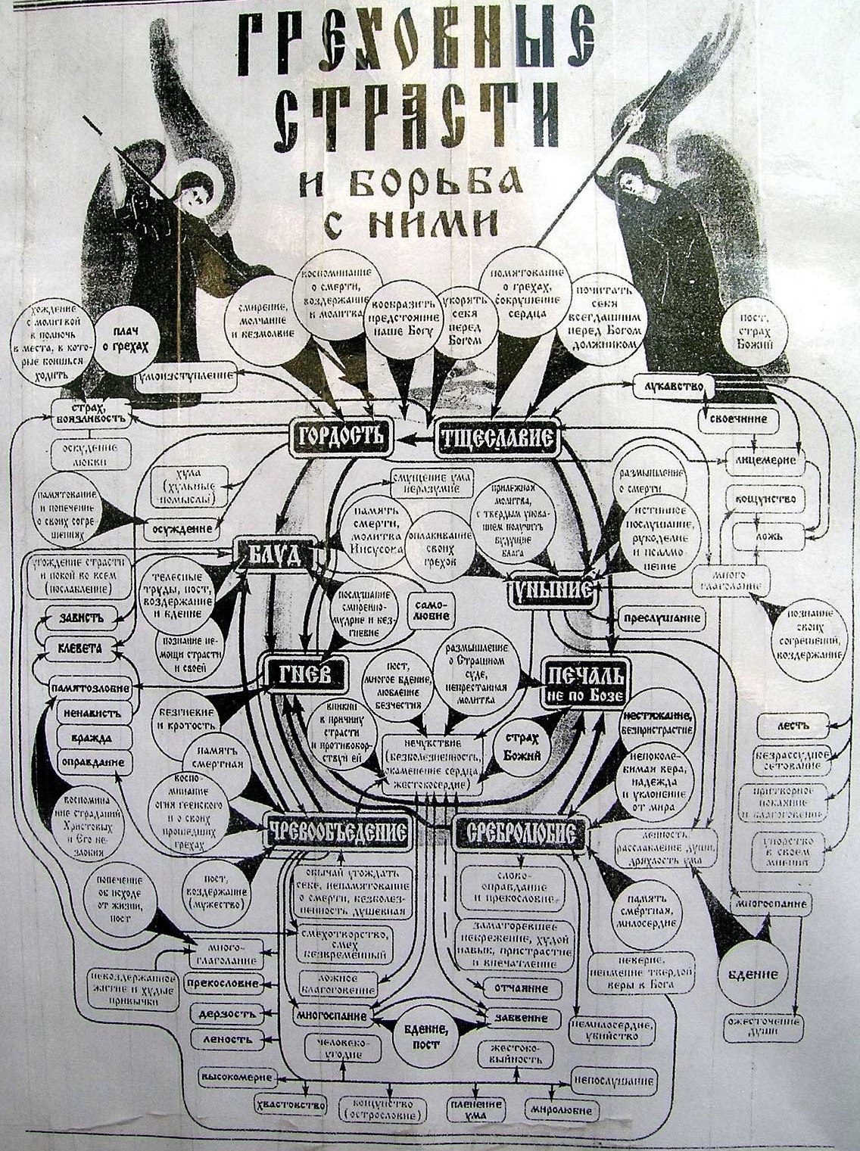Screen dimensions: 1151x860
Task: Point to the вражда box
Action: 90,737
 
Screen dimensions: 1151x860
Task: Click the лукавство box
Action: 671,386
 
